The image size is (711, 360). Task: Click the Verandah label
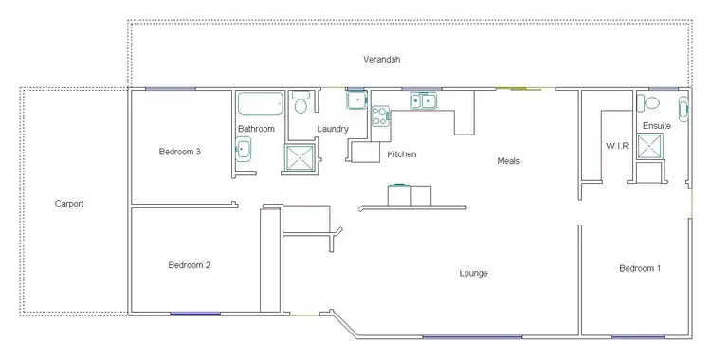(x=382, y=60)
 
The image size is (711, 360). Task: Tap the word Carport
(x=69, y=203)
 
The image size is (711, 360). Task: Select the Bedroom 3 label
(x=179, y=152)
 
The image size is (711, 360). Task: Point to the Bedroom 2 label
(x=189, y=265)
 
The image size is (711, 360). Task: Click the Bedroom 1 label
(x=640, y=269)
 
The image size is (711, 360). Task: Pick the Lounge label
(x=473, y=274)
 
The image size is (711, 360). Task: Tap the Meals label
(x=508, y=161)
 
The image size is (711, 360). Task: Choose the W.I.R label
(x=617, y=146)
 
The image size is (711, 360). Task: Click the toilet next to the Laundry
(x=301, y=101)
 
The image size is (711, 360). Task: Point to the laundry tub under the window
(x=355, y=100)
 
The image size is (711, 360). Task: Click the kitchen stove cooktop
(x=379, y=117)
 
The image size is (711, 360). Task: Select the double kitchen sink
(x=422, y=99)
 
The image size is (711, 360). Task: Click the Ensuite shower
(x=649, y=145)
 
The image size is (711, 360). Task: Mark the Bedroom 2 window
(x=194, y=314)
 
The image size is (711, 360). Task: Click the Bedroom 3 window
(x=171, y=89)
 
